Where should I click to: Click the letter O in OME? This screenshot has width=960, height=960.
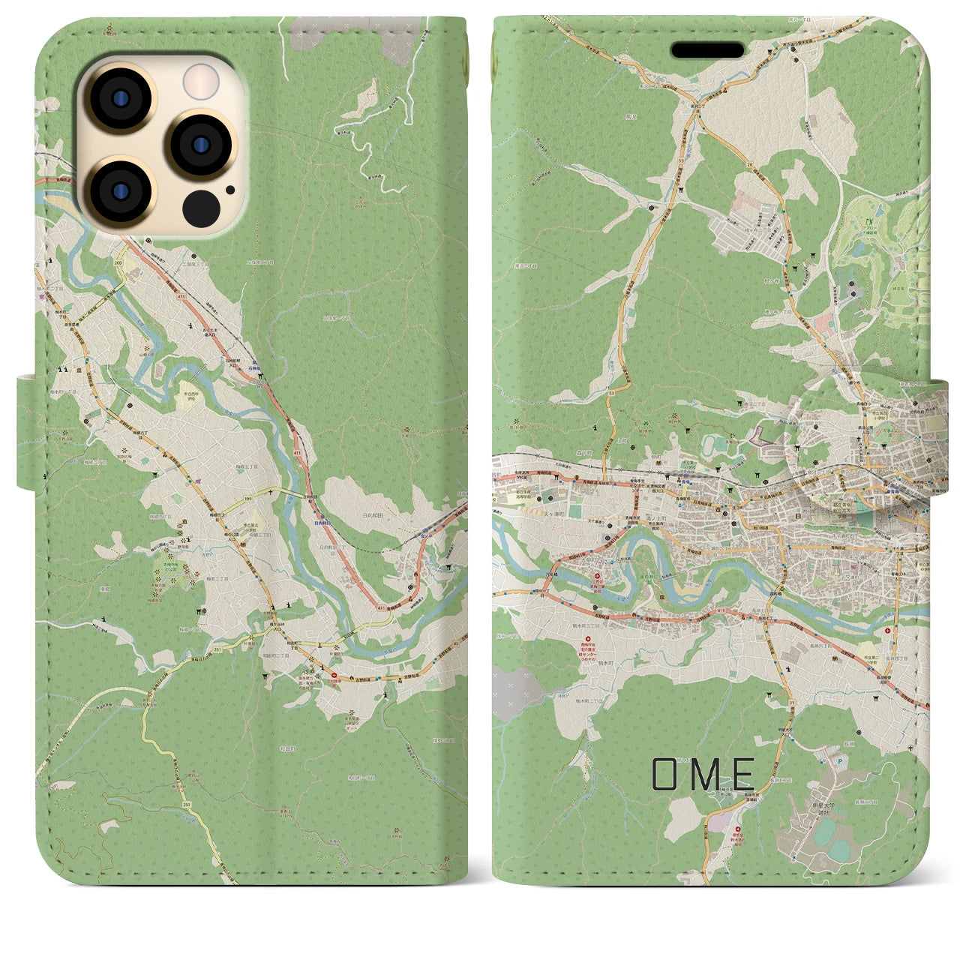pyautogui.click(x=666, y=774)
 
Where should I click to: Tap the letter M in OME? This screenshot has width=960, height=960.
pyautogui.click(x=705, y=774)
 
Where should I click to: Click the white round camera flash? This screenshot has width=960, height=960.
pyautogui.click(x=201, y=80)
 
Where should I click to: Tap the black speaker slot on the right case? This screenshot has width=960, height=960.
pyautogui.click(x=707, y=50)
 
